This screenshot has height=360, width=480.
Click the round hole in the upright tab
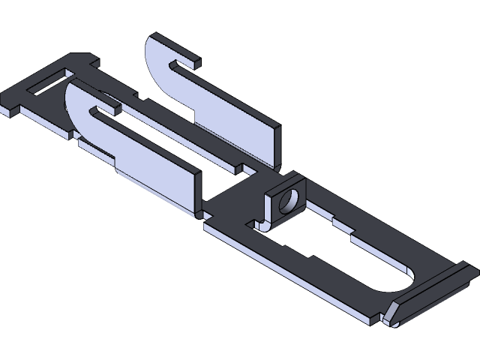point(286,200)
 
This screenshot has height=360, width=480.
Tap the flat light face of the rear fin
point(225,120)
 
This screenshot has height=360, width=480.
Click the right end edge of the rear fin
point(278,146)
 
